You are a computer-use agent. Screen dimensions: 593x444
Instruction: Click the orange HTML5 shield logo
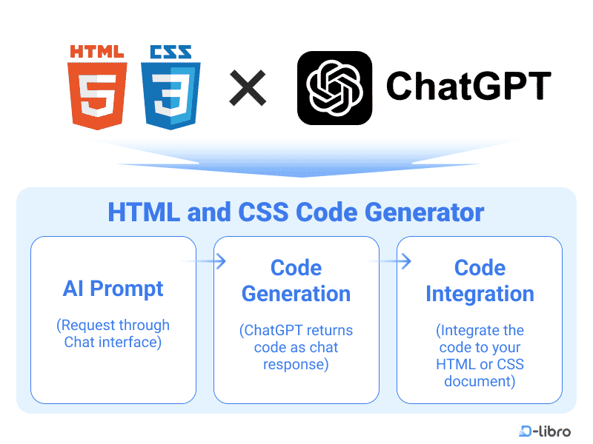tap(97, 95)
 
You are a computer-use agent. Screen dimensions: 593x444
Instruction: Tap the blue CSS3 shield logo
tap(170, 95)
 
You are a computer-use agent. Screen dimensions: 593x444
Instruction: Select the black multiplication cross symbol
tap(248, 88)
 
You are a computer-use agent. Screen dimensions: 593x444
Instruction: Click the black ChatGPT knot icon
tap(335, 88)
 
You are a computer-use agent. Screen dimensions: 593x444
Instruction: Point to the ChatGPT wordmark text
tap(468, 86)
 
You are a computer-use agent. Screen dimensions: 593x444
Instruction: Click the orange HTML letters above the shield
tap(97, 52)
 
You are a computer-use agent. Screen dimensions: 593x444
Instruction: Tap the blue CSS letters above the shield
tap(170, 52)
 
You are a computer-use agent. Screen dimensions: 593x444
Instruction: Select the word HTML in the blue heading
tap(144, 212)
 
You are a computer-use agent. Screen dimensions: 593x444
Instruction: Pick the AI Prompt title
tap(113, 289)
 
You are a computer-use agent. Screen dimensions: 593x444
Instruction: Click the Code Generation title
tap(296, 280)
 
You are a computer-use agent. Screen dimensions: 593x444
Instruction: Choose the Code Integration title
tap(480, 280)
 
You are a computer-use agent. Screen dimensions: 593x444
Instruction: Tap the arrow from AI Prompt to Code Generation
tap(205, 261)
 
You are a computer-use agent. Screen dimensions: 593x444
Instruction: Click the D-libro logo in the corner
tap(545, 431)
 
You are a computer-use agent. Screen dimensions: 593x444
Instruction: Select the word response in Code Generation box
tap(296, 365)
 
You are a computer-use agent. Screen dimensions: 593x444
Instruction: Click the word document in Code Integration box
tap(480, 382)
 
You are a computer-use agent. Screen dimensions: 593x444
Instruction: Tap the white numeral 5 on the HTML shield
tap(97, 95)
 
